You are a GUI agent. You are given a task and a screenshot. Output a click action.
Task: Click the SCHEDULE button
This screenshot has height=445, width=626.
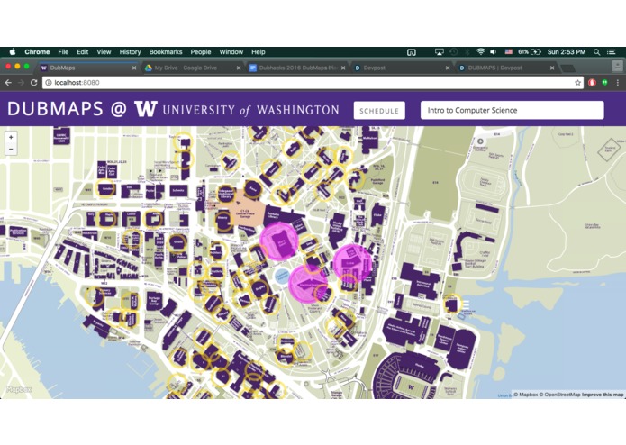tap(379, 111)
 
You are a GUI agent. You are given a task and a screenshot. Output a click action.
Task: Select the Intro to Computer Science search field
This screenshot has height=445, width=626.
tap(511, 111)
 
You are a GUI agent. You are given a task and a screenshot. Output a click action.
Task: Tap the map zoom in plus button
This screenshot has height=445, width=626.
tap(11, 138)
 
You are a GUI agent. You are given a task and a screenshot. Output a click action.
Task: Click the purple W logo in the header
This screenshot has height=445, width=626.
tap(145, 110)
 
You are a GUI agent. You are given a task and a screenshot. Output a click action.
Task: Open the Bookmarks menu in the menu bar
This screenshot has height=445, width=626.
tap(165, 52)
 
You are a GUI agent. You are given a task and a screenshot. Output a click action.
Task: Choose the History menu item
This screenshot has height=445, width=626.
tap(130, 52)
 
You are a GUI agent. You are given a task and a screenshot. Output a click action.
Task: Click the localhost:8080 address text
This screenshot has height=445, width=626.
tap(77, 83)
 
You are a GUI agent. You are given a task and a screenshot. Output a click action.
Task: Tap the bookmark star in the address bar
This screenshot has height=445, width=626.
tap(578, 83)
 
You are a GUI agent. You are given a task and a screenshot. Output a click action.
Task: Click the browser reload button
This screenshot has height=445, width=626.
tap(33, 83)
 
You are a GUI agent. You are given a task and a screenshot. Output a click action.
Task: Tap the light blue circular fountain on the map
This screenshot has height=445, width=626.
tap(282, 275)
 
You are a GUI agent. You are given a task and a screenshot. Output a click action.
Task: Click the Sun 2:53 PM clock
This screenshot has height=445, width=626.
tap(565, 52)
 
